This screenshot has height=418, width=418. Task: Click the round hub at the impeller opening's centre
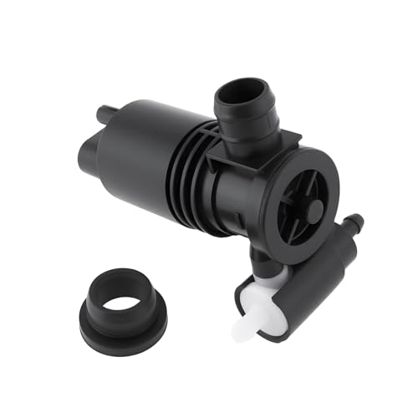(312, 212)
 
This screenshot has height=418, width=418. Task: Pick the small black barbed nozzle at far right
(355, 225)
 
